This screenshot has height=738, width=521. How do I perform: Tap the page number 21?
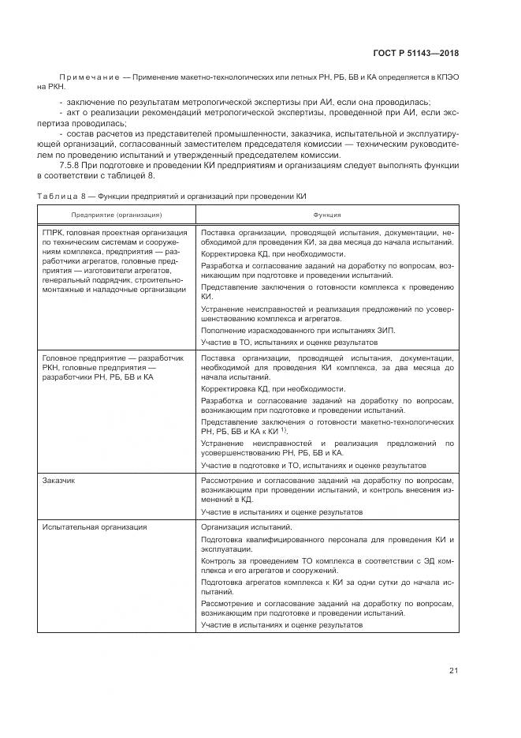[453, 671]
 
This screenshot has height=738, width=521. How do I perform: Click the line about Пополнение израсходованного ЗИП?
[298, 329]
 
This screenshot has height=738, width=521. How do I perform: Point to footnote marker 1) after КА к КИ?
[283, 431]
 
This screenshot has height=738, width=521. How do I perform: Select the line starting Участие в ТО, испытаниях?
[288, 343]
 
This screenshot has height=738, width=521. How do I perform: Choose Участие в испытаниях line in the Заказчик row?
[281, 511]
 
